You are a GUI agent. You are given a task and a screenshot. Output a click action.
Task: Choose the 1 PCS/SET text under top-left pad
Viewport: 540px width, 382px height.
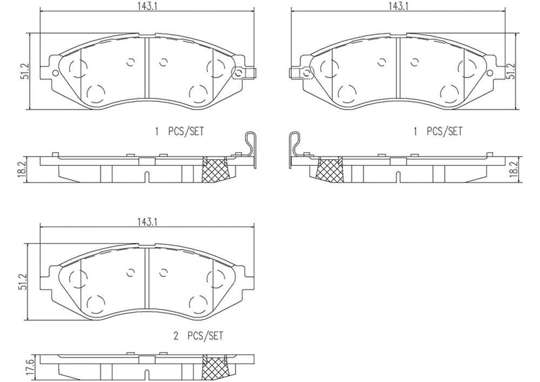pyautogui.click(x=179, y=132)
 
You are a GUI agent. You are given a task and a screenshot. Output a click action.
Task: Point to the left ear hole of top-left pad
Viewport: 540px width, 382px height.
pyautogui.click(x=55, y=73)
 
